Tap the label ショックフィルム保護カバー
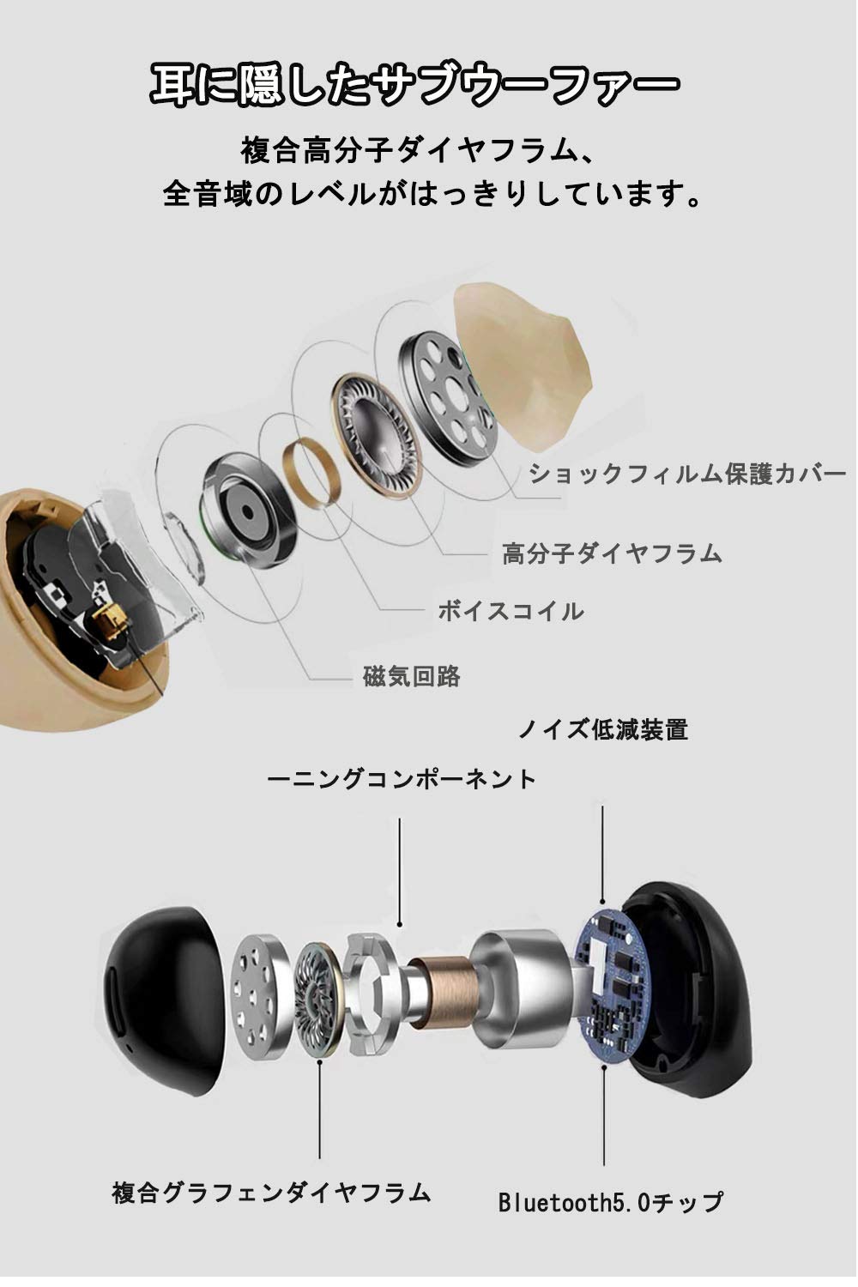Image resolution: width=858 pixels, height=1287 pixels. pos(687,474)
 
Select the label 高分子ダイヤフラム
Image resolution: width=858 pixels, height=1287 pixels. pos(612,553)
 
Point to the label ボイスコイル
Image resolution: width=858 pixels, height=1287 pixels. pos(511,611)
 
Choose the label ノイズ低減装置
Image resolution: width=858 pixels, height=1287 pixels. pos(602,729)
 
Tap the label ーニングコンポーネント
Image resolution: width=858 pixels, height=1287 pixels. pos(402,779)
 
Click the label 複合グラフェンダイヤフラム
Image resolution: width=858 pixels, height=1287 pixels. pos(271,1193)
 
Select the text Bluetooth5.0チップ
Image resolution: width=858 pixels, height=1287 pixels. pos(611,1202)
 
